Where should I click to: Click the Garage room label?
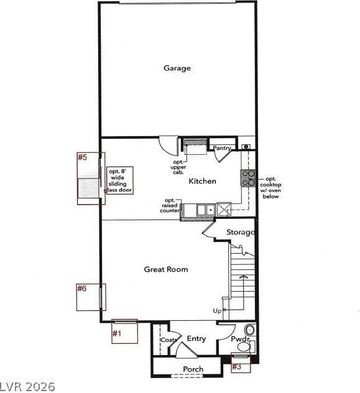[x=177, y=68]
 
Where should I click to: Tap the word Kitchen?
[x=203, y=181]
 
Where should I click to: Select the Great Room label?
[x=166, y=269]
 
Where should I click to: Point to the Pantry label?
[x=222, y=148]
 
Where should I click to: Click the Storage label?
[x=240, y=233]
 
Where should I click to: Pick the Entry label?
[x=196, y=339]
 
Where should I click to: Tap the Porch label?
[x=193, y=369]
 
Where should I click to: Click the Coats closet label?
[x=168, y=340]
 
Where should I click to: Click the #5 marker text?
[x=82, y=157]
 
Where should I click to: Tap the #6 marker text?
[x=81, y=289]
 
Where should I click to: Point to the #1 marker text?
[x=116, y=334]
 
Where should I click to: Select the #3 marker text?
[x=236, y=367]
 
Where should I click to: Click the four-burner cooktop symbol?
[x=248, y=178]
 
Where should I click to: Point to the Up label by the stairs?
[x=217, y=310]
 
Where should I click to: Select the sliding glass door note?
[x=120, y=180]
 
